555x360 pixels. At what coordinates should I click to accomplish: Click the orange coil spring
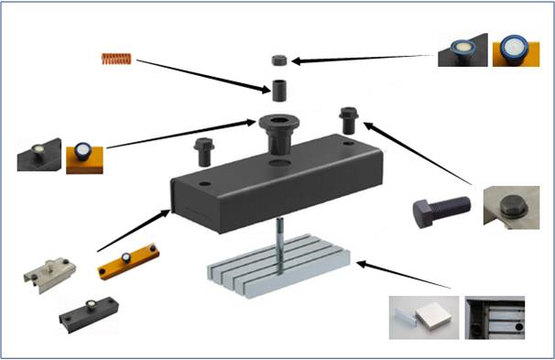(x=116, y=60)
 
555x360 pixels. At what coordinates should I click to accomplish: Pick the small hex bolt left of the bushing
(x=202, y=147)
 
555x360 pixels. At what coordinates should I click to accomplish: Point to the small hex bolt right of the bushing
(x=348, y=119)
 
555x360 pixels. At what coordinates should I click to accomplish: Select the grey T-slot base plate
(x=274, y=267)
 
